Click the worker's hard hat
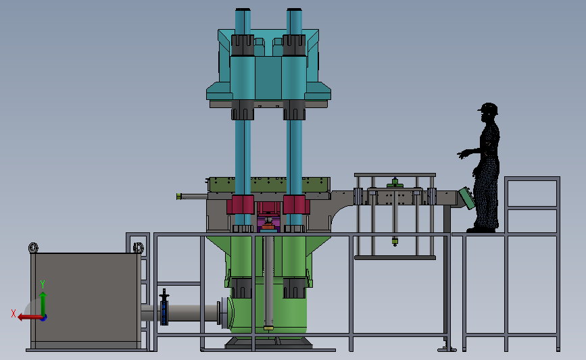[489, 108]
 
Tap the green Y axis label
[43, 284]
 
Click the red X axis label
[14, 313]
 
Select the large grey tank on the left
[86, 301]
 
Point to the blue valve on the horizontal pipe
[164, 307]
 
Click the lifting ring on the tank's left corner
[33, 248]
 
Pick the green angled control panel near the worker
[467, 198]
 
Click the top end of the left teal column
[243, 9]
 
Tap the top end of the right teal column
[294, 9]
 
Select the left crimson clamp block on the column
[241, 205]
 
